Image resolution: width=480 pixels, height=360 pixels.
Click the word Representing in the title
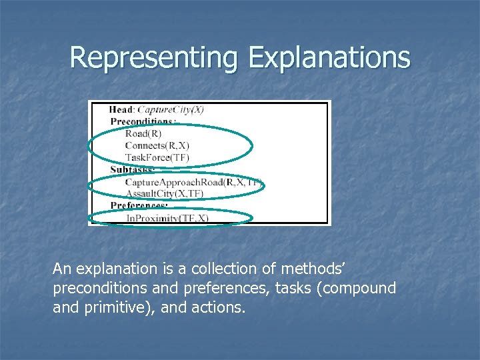(x=154, y=57)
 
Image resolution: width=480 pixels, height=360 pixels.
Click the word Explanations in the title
(x=329, y=57)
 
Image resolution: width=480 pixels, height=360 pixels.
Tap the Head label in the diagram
(x=121, y=109)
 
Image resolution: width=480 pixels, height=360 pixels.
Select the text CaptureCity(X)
(x=171, y=109)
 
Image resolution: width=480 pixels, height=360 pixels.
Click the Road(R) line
(x=143, y=133)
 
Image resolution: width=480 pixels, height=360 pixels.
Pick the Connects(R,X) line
(x=157, y=145)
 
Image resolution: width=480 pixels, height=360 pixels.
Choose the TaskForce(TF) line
(x=157, y=157)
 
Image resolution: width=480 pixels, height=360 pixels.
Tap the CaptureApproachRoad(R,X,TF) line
(x=194, y=181)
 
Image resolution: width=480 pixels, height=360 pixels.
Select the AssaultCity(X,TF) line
(x=165, y=193)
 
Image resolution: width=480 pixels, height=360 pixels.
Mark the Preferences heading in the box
(x=139, y=205)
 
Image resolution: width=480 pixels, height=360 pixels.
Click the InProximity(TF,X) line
(x=167, y=217)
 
